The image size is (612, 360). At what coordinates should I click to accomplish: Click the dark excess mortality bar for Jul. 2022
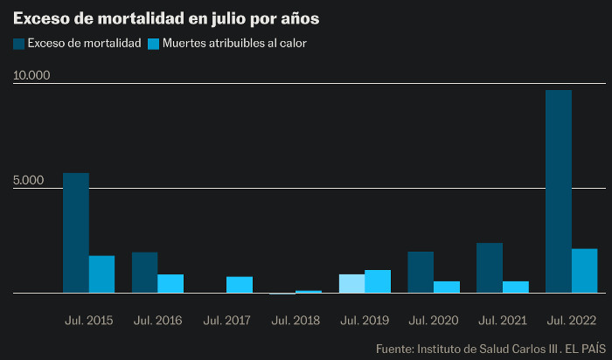558,191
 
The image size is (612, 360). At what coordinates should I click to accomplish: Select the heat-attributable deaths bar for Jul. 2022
584,271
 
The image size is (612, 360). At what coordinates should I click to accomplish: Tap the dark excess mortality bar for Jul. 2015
76,232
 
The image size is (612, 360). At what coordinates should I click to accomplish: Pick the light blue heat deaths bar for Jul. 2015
102,274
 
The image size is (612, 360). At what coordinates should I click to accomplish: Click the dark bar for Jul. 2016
145,273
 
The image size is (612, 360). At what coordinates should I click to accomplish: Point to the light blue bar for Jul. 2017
240,285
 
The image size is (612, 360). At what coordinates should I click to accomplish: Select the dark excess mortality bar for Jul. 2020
421,273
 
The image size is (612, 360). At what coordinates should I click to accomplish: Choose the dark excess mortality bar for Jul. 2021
490,268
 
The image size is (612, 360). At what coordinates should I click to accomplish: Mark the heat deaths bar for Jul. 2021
515,287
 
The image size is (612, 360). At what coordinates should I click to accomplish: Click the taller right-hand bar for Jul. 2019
378,281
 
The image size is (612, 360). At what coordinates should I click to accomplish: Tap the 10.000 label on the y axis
31,75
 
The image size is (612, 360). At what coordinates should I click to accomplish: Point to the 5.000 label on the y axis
29,181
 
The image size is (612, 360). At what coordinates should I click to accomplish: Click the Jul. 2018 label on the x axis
296,321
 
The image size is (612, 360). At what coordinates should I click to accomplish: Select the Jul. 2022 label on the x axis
571,321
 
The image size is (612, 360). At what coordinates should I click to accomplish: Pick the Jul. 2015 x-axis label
89,321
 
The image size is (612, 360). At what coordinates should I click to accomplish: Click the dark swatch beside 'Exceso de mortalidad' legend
18,43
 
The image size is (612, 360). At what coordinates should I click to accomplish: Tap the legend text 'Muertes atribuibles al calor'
234,43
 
